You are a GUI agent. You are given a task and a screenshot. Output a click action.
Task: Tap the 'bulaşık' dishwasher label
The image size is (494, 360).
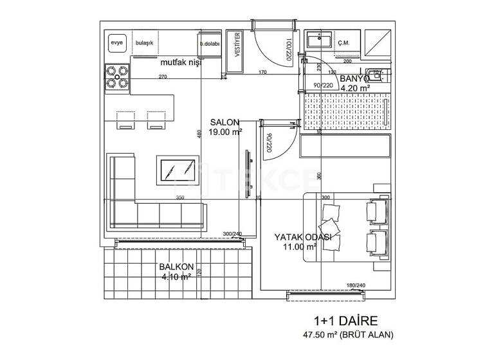click(x=145, y=43)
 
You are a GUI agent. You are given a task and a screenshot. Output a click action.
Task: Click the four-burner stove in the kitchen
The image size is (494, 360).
click(x=117, y=75)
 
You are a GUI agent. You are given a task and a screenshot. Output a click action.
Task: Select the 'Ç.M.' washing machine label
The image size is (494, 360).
click(x=343, y=43)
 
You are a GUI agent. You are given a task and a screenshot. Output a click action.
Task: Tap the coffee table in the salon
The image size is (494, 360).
click(x=178, y=171)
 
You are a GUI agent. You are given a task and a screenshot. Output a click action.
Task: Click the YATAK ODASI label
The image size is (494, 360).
click(x=302, y=237)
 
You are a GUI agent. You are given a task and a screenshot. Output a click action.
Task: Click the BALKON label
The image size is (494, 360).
click(x=175, y=268)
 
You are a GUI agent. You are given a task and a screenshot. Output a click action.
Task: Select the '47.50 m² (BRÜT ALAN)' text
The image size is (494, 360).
click(x=348, y=334)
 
